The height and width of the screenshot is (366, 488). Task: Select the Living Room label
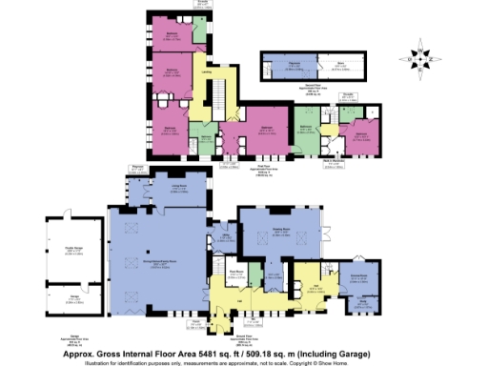click(x=176, y=189)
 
